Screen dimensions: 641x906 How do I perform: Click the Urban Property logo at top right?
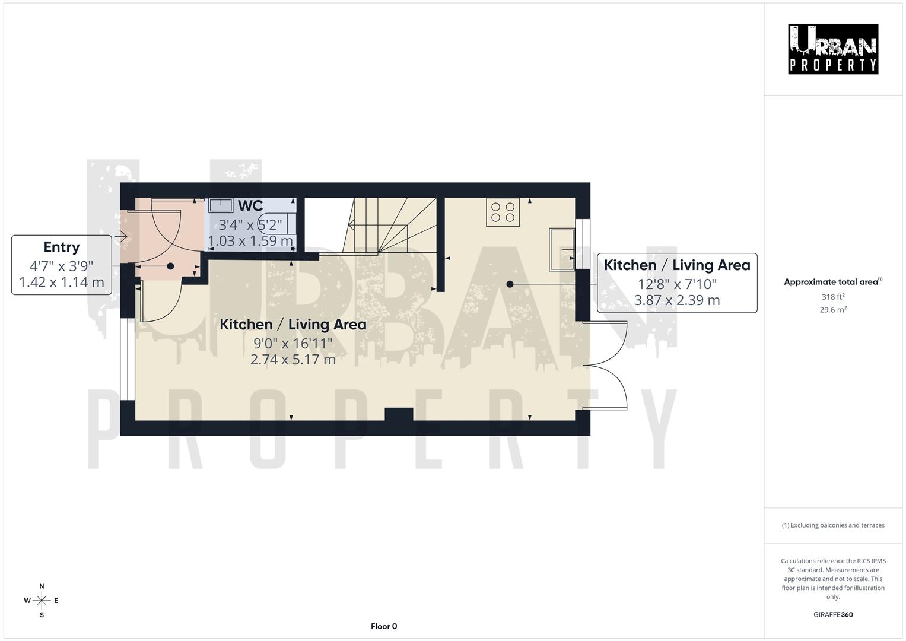pyautogui.click(x=833, y=49)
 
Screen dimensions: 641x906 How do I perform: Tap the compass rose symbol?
pyautogui.click(x=42, y=601)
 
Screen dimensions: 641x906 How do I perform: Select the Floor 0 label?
pyautogui.click(x=384, y=626)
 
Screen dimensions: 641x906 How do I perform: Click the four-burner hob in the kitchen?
pyautogui.click(x=503, y=212)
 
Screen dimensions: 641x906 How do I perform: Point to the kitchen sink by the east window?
pyautogui.click(x=561, y=249)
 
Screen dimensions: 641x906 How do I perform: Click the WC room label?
pyautogui.click(x=250, y=206)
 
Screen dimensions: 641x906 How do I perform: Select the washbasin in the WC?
pyautogui.click(x=221, y=205)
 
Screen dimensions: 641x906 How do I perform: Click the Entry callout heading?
pyautogui.click(x=61, y=247)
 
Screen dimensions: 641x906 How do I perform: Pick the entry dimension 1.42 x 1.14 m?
pyautogui.click(x=62, y=282)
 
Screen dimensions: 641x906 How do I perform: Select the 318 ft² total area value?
pyautogui.click(x=833, y=297)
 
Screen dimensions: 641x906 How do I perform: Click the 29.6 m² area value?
pyautogui.click(x=833, y=310)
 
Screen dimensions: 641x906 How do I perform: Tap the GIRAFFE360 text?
pyautogui.click(x=833, y=615)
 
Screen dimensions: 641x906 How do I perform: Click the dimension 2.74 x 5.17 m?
pyautogui.click(x=293, y=360)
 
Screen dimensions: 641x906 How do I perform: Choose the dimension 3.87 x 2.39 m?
pyautogui.click(x=677, y=300)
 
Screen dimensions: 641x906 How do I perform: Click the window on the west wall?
pyautogui.click(x=128, y=360)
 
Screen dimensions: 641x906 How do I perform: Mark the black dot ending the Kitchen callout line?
pyautogui.click(x=510, y=284)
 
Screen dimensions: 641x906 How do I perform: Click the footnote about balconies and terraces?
pyautogui.click(x=833, y=525)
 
